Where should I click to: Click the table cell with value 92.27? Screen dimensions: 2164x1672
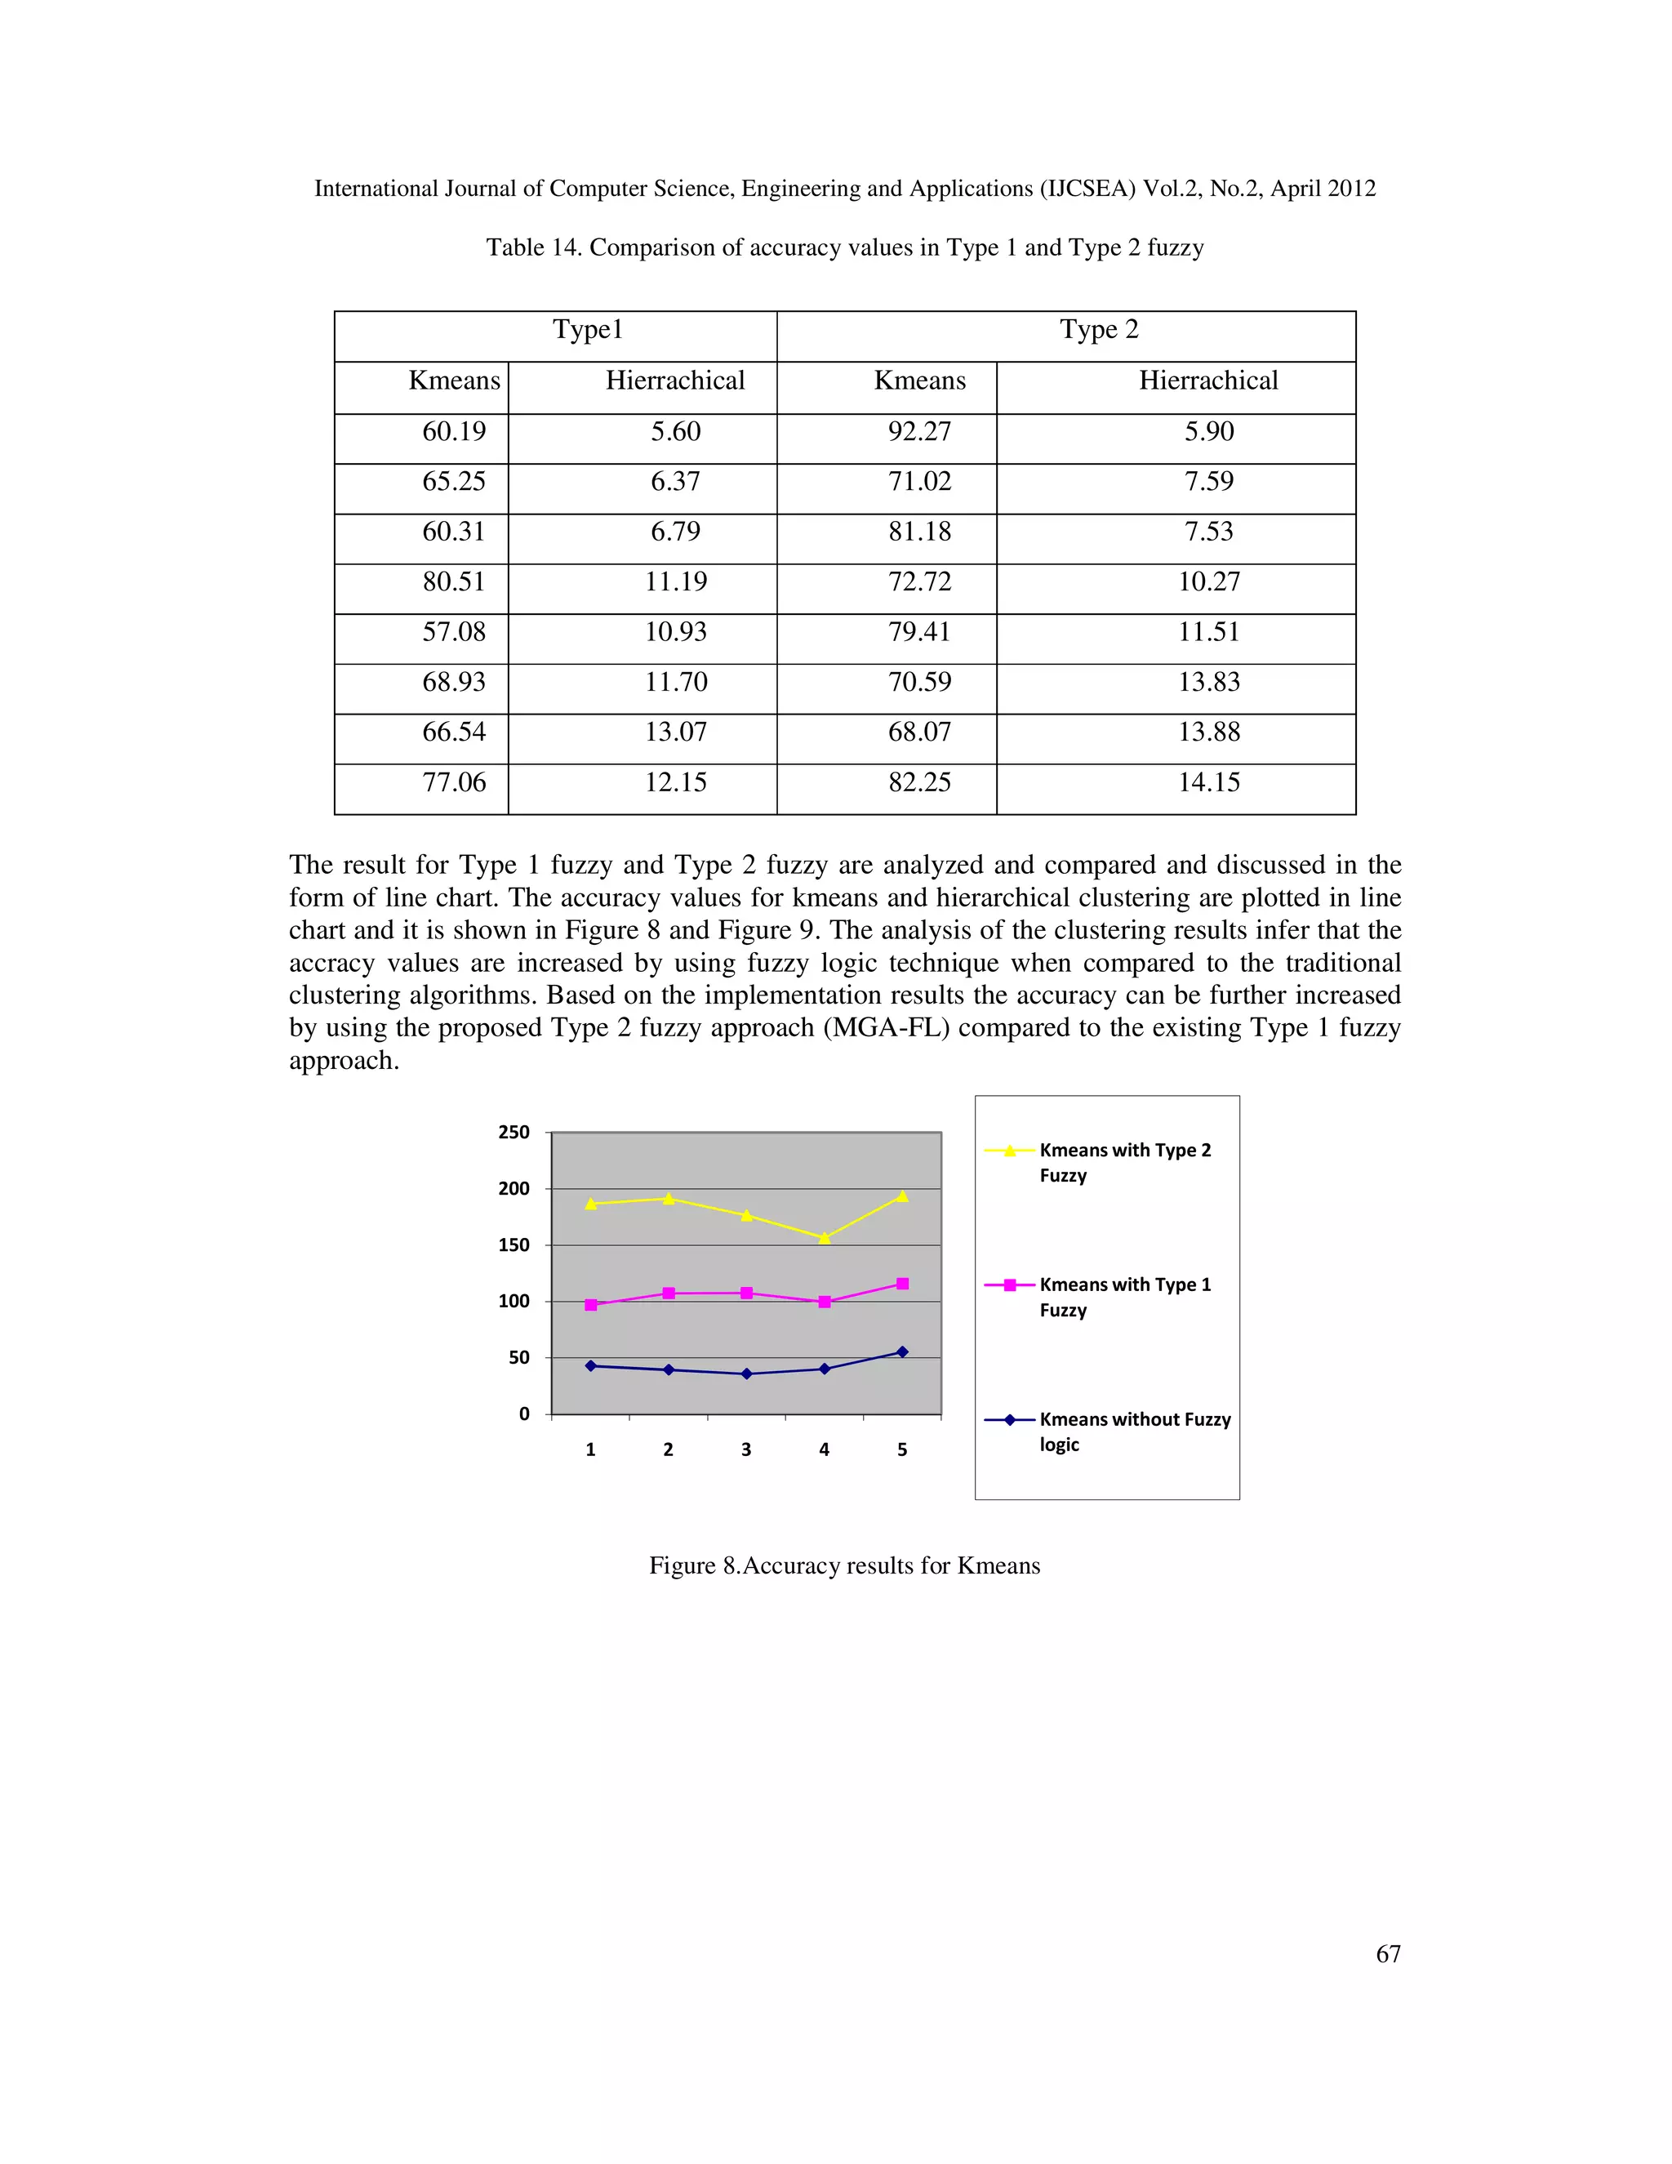919,432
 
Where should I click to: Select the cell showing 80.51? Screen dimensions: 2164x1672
454,581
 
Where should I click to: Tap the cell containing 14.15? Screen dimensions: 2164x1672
1208,783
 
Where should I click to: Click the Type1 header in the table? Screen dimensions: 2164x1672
587,330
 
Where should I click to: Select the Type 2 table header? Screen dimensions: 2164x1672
1099,330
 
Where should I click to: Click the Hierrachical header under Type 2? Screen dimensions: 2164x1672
1207,381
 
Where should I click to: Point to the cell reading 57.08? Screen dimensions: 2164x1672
454,632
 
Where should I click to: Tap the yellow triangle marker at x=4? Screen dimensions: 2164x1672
824,1237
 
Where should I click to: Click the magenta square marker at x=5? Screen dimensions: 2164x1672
902,1285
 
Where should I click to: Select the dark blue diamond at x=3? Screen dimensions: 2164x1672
747,1374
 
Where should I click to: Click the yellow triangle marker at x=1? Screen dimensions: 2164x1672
591,1204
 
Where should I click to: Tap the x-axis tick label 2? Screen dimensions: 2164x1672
669,1449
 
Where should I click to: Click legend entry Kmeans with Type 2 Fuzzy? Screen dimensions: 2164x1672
1124,1162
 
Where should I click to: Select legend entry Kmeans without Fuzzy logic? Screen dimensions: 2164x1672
1134,1432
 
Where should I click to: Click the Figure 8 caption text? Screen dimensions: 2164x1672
844,1565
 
